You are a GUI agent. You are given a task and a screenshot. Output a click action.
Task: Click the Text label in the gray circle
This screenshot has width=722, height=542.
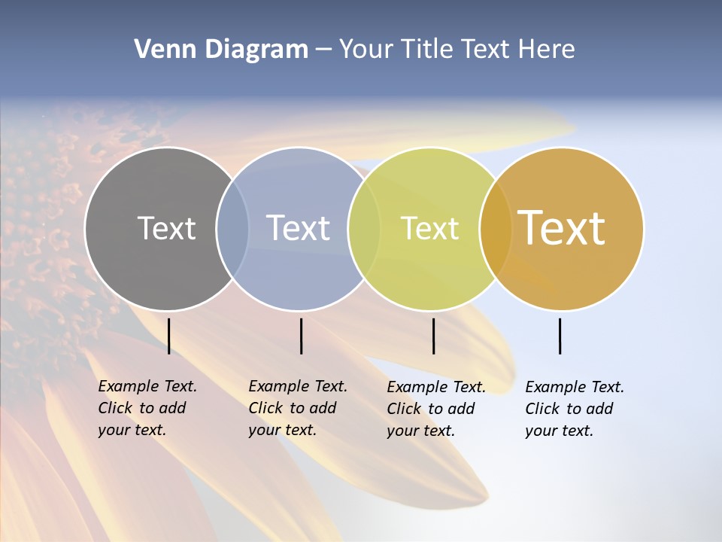pos(166,228)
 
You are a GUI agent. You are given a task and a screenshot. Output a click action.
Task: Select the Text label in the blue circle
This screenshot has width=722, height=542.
pos(298,228)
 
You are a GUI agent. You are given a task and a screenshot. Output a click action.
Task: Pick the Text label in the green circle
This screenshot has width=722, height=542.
pos(429,228)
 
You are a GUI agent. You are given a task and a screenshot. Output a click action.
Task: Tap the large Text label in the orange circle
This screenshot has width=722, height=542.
pos(562,228)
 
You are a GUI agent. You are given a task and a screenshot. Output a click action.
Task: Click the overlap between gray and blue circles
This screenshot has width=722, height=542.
pos(232,229)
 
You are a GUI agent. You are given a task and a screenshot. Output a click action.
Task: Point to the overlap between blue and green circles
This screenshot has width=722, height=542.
pos(364,229)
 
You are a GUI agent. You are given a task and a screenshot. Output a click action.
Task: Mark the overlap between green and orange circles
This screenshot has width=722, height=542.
pos(496,229)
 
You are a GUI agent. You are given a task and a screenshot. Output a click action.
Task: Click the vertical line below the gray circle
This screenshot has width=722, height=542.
pos(168,336)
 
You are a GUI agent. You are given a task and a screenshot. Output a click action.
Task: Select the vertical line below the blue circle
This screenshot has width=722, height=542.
pos(301,336)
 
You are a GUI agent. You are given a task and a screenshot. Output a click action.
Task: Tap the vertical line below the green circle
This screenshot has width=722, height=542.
pos(433,336)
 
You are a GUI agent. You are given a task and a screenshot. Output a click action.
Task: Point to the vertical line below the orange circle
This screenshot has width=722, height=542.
pos(560,336)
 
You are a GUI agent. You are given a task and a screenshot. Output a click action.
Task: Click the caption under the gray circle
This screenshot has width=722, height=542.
pos(147,408)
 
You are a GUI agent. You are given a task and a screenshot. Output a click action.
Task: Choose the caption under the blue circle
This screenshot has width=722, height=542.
pos(298,408)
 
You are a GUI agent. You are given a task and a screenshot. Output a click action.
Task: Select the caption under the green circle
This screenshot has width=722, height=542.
pos(436,409)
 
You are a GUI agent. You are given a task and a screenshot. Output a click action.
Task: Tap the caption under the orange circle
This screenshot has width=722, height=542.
pos(575,409)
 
